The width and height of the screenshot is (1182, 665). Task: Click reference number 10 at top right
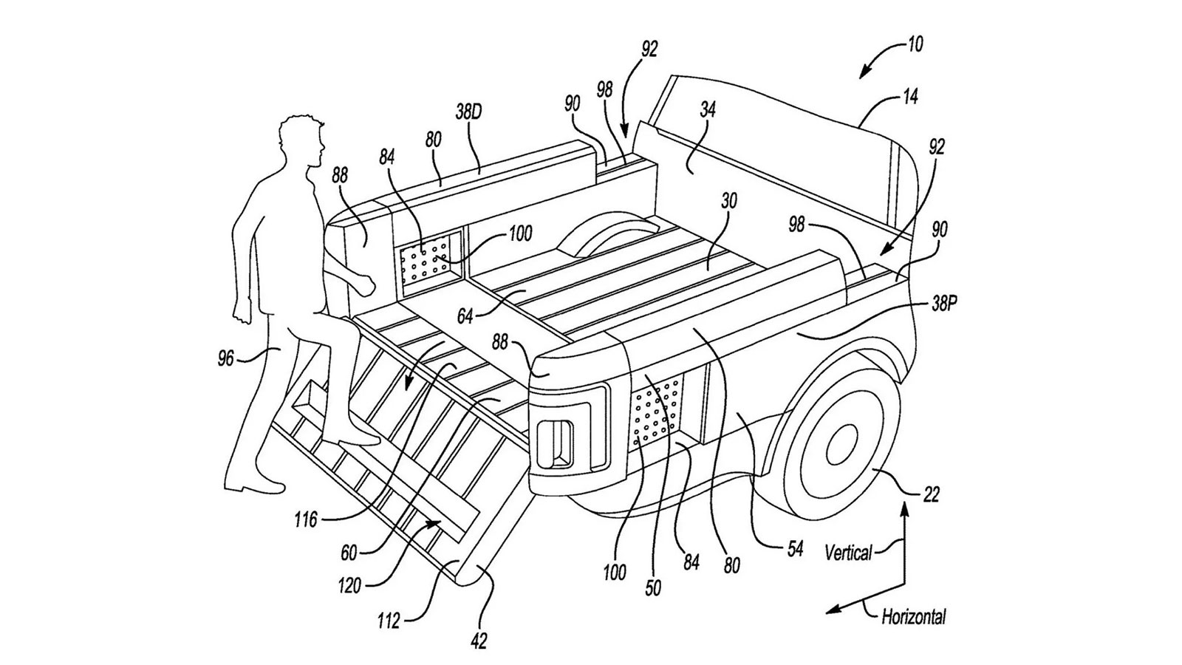tap(915, 45)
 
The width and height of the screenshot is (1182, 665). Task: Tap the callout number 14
tap(910, 97)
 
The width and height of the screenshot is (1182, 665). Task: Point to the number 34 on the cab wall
tap(707, 111)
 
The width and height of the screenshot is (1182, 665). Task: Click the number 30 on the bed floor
tap(730, 202)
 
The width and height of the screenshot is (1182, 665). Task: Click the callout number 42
tap(479, 641)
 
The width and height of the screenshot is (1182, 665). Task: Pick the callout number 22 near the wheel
tap(932, 494)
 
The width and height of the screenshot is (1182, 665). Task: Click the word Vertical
tap(849, 552)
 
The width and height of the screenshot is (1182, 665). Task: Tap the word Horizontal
tap(913, 616)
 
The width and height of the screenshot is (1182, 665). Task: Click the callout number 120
tap(349, 587)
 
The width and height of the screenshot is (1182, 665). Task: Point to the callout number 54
tap(794, 550)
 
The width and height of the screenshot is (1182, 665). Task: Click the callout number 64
tap(465, 317)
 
